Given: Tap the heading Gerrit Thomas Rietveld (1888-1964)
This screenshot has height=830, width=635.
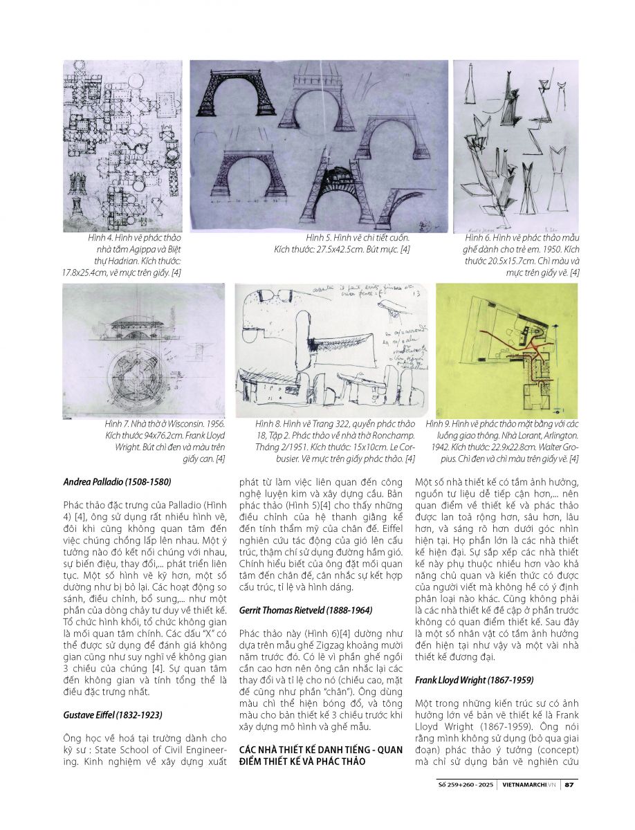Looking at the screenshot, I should (306, 611).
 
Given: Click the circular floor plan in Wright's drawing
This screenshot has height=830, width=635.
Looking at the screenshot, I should (144, 377).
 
